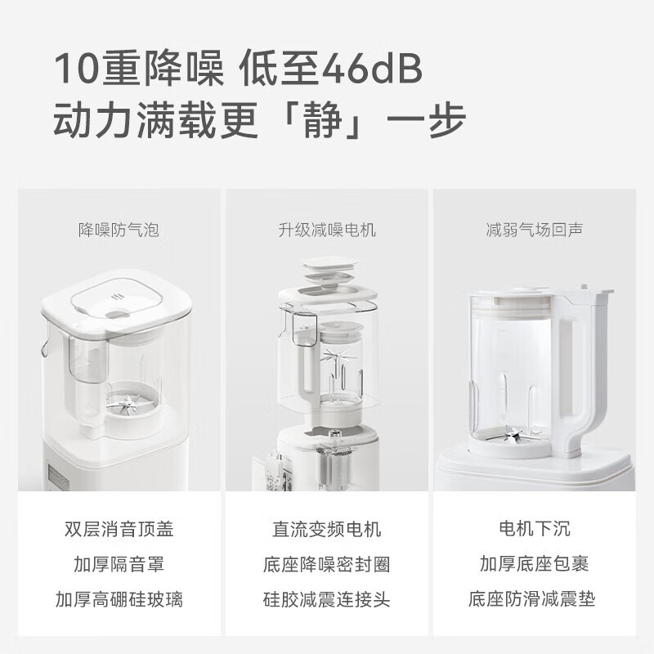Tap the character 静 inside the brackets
click(x=323, y=120)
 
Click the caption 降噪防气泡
click(x=119, y=230)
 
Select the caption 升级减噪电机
click(x=327, y=230)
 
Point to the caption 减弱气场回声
click(x=535, y=230)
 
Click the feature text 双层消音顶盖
click(x=119, y=529)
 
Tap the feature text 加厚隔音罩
click(x=119, y=564)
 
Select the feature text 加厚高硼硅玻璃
click(x=119, y=599)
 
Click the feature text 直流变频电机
click(x=327, y=529)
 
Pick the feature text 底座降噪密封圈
click(x=327, y=564)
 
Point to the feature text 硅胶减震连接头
click(x=327, y=599)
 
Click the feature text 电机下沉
click(x=535, y=529)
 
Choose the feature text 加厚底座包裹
click(x=535, y=564)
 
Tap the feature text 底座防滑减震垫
click(x=532, y=599)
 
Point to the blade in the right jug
click(x=514, y=436)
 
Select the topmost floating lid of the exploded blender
click(x=330, y=263)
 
